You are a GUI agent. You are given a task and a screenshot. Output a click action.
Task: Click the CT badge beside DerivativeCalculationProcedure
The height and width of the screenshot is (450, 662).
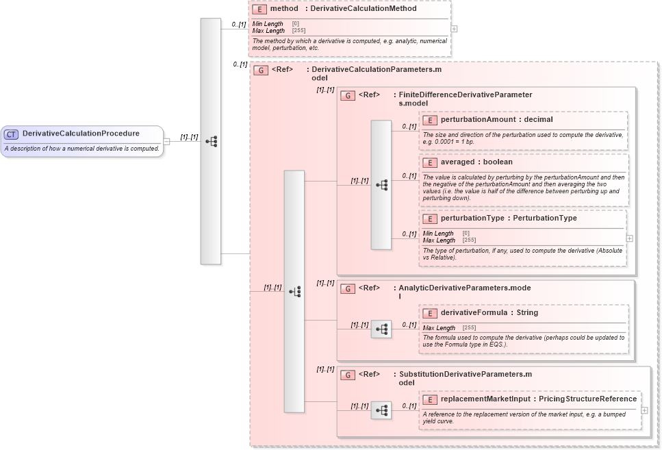pyautogui.click(x=12, y=134)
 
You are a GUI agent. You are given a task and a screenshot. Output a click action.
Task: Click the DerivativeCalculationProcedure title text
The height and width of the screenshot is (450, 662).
pyautogui.click(x=81, y=134)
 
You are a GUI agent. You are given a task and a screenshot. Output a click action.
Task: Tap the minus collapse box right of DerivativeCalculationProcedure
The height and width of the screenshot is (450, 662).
pyautogui.click(x=166, y=142)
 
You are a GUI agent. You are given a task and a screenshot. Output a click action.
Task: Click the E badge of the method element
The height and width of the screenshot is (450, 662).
pyautogui.click(x=259, y=10)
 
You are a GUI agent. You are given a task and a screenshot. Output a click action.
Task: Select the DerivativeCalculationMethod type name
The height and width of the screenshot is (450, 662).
pyautogui.click(x=363, y=9)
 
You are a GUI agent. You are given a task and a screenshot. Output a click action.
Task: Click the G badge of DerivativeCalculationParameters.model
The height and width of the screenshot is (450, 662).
pyautogui.click(x=260, y=70)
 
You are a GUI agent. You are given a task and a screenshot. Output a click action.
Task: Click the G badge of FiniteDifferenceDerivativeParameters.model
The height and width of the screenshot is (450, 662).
pyautogui.click(x=347, y=96)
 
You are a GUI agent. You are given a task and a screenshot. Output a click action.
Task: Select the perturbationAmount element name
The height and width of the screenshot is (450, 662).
pyautogui.click(x=478, y=120)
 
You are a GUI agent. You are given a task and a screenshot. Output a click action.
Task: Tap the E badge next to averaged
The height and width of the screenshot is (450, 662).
pyautogui.click(x=429, y=163)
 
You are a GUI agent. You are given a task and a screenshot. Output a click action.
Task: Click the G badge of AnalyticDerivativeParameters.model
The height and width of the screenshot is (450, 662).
pyautogui.click(x=347, y=289)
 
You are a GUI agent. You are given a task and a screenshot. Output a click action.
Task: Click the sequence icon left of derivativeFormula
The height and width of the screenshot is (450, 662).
pyautogui.click(x=381, y=329)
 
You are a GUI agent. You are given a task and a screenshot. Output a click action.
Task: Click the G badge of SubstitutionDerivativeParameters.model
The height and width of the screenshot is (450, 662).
pyautogui.click(x=347, y=375)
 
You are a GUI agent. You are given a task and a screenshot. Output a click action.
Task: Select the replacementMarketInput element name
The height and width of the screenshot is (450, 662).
pyautogui.click(x=487, y=399)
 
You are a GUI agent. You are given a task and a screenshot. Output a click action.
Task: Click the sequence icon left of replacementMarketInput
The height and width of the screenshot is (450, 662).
pyautogui.click(x=381, y=410)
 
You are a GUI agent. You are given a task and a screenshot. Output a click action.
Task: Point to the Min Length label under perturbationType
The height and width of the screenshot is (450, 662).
pyautogui.click(x=438, y=234)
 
